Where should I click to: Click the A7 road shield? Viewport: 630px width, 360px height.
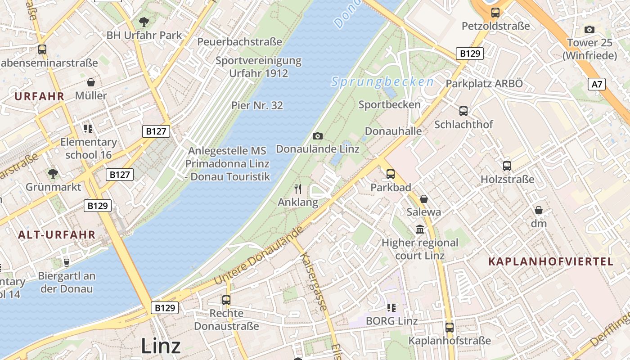pyautogui.click(x=596, y=84)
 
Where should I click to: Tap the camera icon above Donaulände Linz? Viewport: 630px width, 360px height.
pyautogui.click(x=318, y=136)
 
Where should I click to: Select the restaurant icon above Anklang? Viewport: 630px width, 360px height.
pyautogui.click(x=297, y=189)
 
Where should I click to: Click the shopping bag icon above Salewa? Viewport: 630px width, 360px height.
pyautogui.click(x=423, y=198)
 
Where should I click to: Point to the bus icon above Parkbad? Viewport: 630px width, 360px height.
pyautogui.click(x=390, y=174)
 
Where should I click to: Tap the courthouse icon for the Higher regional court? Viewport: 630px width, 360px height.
pyautogui.click(x=420, y=229)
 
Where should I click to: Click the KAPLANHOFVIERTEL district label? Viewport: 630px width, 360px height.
pyautogui.click(x=550, y=262)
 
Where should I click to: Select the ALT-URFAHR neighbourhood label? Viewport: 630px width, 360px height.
pyautogui.click(x=57, y=234)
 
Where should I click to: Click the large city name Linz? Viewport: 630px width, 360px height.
pyautogui.click(x=161, y=346)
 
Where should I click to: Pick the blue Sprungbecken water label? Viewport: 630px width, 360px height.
pyautogui.click(x=382, y=82)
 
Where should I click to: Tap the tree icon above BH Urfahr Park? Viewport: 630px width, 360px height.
pyautogui.click(x=144, y=21)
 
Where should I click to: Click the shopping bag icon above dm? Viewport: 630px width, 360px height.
pyautogui.click(x=538, y=210)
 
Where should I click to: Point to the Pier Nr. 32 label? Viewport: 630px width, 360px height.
pyautogui.click(x=257, y=105)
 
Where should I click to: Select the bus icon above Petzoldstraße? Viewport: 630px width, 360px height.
pyautogui.click(x=495, y=13)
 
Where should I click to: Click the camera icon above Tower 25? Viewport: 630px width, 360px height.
pyautogui.click(x=589, y=30)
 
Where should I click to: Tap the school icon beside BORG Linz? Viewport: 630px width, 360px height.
pyautogui.click(x=391, y=308)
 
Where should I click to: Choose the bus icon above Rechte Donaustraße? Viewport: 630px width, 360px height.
pyautogui.click(x=226, y=300)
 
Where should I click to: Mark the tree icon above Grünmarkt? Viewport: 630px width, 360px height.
pyautogui.click(x=53, y=173)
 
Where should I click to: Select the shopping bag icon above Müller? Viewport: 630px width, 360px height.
pyautogui.click(x=91, y=82)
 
